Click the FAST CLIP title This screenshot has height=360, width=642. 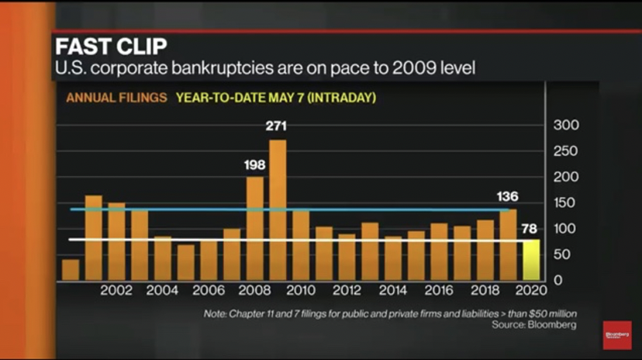[110, 47]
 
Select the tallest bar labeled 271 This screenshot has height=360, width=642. [278, 209]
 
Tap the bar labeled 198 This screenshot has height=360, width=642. [255, 228]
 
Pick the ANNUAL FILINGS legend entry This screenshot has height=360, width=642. [116, 98]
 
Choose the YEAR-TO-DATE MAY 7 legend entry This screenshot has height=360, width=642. [275, 98]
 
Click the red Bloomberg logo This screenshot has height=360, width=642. [616, 335]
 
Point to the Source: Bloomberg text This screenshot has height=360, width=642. [534, 325]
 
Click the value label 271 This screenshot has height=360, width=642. [277, 126]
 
